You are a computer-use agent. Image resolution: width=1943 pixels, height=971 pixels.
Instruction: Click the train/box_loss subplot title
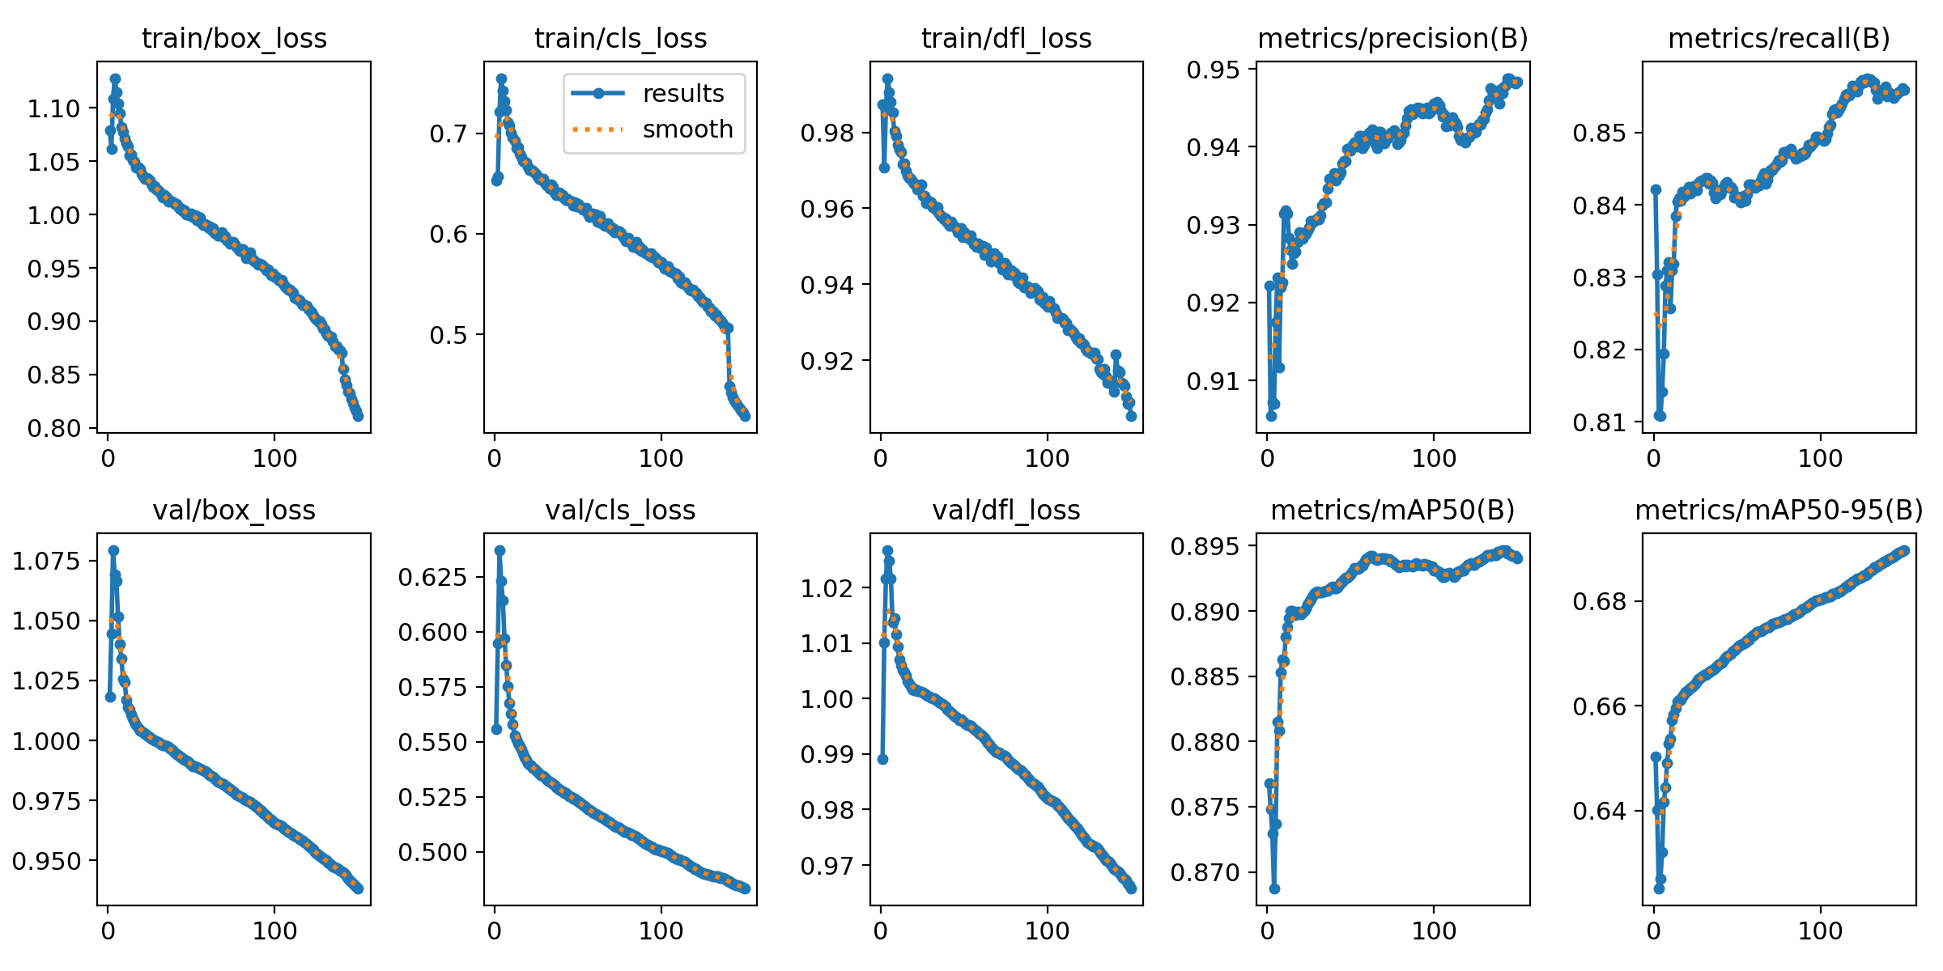(x=234, y=39)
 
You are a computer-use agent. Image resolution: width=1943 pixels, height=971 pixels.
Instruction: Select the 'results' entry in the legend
(x=682, y=94)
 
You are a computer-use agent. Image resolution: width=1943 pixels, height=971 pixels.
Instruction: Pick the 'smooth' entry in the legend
(x=687, y=129)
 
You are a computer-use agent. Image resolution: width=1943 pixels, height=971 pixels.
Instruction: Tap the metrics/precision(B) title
(x=1392, y=39)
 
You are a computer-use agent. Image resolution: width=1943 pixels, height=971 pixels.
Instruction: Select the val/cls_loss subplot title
(x=620, y=511)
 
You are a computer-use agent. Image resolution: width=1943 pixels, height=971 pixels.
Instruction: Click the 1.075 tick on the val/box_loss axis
(x=47, y=561)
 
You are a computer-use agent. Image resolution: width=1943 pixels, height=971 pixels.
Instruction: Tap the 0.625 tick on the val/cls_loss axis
(x=433, y=577)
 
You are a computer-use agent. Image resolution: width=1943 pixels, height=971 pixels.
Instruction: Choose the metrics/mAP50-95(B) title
(x=1779, y=511)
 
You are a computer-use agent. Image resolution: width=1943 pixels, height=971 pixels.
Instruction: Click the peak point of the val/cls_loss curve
(x=500, y=551)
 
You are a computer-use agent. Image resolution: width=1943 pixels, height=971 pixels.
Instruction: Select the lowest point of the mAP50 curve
(x=1274, y=888)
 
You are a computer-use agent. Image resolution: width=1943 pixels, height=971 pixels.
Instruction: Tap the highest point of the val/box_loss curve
(x=113, y=551)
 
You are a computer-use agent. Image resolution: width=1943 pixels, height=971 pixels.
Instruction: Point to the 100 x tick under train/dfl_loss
(x=1047, y=460)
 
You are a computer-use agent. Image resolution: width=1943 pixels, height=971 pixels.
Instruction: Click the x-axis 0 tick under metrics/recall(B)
(x=1654, y=460)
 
